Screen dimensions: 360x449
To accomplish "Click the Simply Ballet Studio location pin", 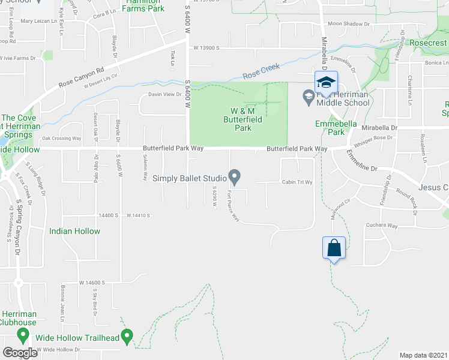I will click(x=235, y=177).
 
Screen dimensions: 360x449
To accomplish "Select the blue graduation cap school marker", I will click(x=326, y=83).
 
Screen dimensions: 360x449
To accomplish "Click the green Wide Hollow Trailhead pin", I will click(x=127, y=336).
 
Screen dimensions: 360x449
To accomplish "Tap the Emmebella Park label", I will click(x=336, y=128).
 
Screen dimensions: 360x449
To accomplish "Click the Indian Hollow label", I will click(x=75, y=230).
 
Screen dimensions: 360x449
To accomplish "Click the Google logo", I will click(x=20, y=353).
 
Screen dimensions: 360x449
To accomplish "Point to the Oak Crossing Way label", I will click(x=61, y=139).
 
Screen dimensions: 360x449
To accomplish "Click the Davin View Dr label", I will click(x=165, y=94).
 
